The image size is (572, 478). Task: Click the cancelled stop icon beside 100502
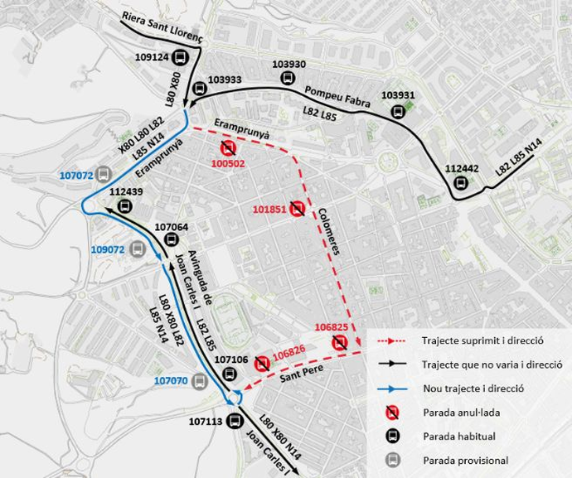227,149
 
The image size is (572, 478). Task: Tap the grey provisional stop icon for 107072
103,174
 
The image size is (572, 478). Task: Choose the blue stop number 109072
108,249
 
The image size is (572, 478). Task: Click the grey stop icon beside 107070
199,381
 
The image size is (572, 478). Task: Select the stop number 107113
206,422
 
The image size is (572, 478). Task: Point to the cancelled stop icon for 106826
262,362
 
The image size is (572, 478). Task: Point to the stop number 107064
172,226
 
